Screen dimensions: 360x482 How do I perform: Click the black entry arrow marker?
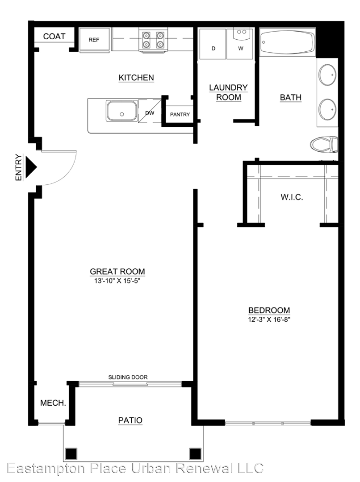point(31,167)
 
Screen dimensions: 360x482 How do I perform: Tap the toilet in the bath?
point(324,145)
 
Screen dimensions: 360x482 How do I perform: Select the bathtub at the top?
point(287,42)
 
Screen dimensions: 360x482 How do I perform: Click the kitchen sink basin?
point(122,111)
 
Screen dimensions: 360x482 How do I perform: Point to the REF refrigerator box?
point(94,40)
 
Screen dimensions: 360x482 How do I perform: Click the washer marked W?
point(240,43)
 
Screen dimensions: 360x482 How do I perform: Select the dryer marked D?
point(213,43)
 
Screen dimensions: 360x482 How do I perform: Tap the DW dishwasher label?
point(150,113)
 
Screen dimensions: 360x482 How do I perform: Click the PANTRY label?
point(180,114)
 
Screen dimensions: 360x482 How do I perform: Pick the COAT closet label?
point(54,36)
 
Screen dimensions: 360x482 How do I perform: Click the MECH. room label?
point(53,403)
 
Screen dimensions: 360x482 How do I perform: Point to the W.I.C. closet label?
point(292,197)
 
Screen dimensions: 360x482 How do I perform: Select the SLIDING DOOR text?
point(128,377)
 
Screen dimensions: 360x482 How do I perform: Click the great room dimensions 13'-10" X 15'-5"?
point(117,281)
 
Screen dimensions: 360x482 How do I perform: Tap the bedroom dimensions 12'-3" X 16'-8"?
point(269,320)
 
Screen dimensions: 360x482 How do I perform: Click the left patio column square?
point(71,454)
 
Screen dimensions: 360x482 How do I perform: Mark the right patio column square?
point(195,454)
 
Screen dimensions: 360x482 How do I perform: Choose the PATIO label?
point(130,420)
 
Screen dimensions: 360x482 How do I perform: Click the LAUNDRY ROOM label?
point(228,92)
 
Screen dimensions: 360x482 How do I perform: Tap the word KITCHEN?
point(136,78)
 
